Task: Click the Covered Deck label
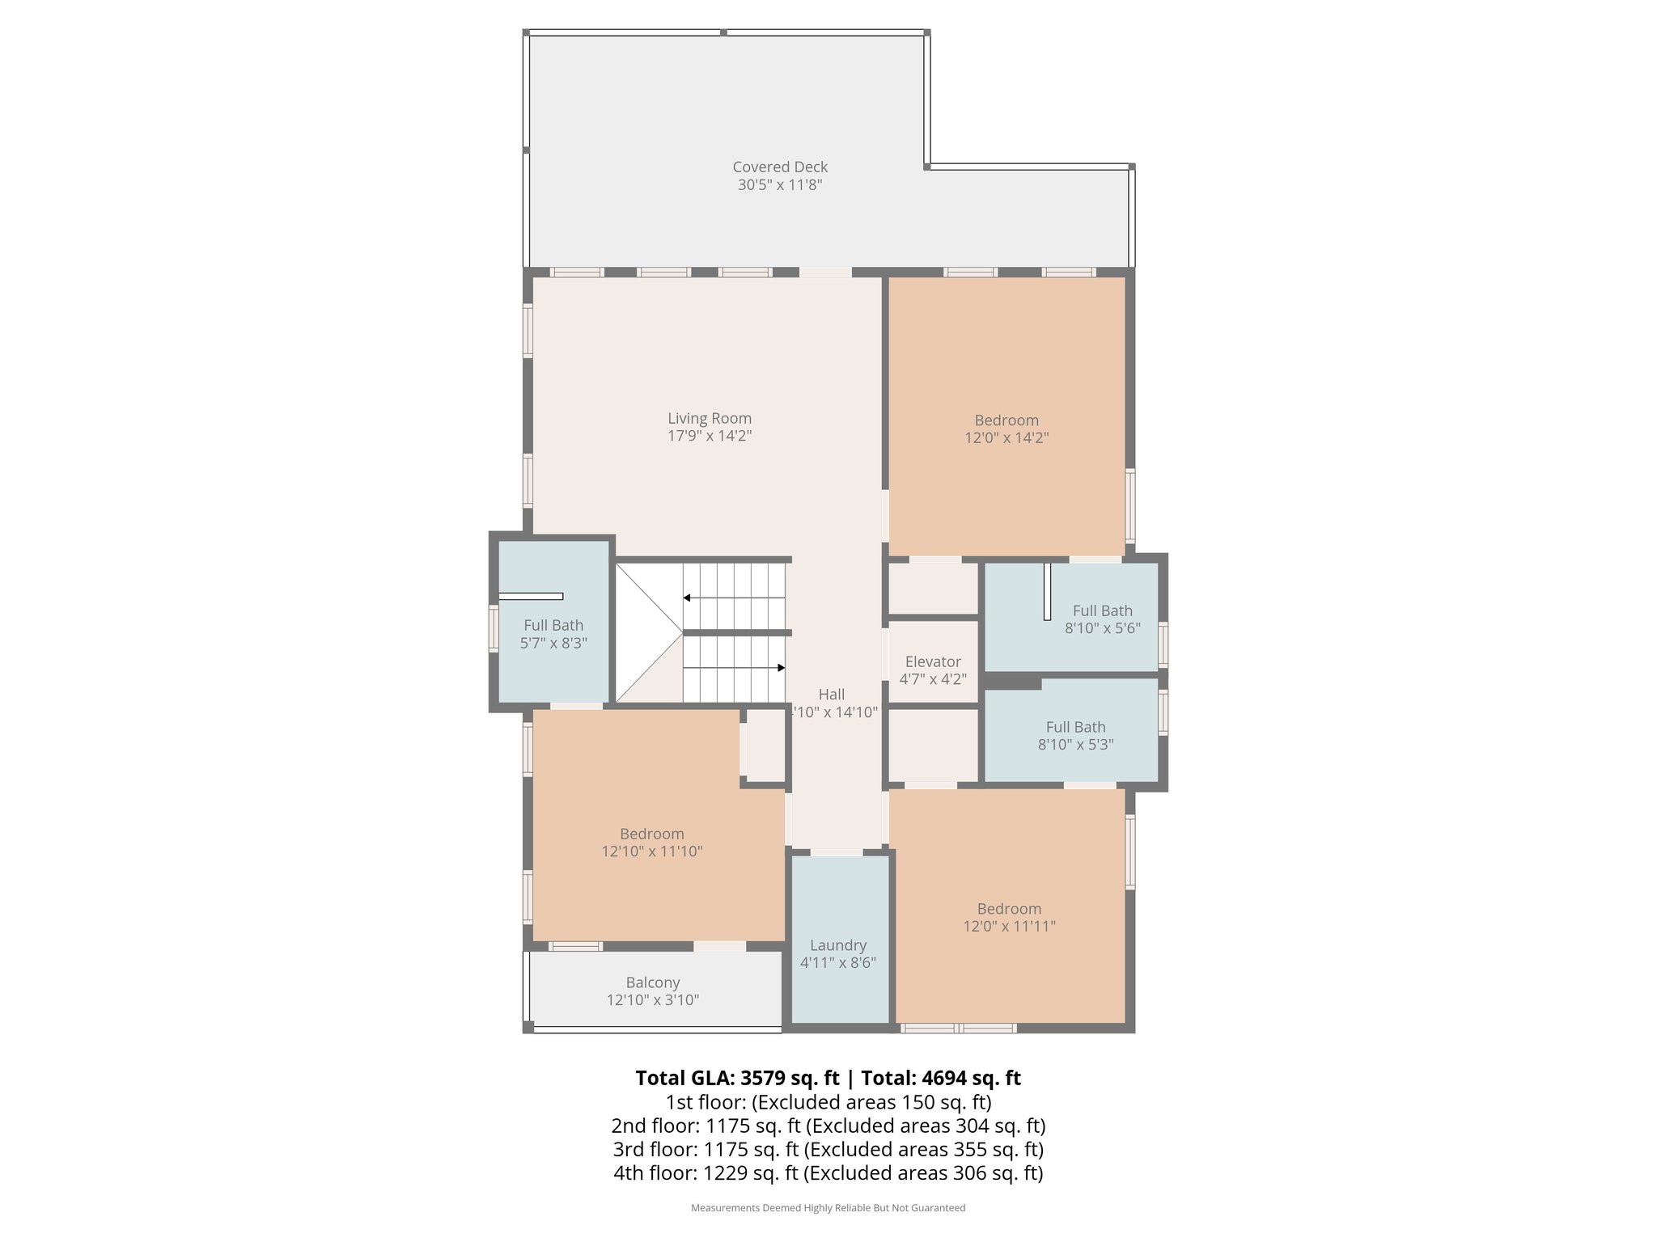click(780, 167)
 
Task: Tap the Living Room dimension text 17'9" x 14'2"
click(710, 436)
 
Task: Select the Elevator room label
click(933, 661)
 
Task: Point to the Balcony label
click(652, 982)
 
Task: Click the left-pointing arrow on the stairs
click(687, 598)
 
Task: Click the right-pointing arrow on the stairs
click(781, 668)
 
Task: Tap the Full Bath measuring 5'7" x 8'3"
click(553, 633)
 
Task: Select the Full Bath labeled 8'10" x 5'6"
click(1102, 619)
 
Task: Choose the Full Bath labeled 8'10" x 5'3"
click(1075, 735)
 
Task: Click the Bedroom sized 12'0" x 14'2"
click(1006, 429)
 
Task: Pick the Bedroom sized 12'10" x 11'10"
click(652, 842)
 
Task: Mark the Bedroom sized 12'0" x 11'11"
click(1009, 917)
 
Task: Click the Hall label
click(832, 694)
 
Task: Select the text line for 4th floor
click(828, 1172)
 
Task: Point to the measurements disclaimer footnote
click(828, 1208)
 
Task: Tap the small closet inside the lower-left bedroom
click(765, 745)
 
